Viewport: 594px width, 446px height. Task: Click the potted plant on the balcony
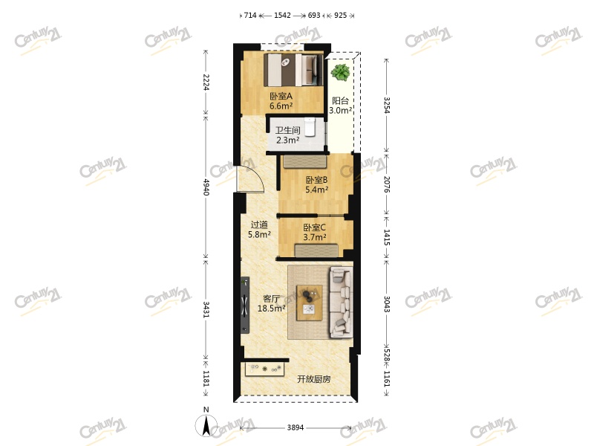(x=341, y=73)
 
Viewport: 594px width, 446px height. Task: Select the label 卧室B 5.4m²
(x=316, y=184)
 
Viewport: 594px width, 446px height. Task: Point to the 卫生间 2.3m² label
(x=287, y=135)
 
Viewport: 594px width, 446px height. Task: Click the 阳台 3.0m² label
(x=341, y=106)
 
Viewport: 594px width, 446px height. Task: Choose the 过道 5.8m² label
(x=258, y=230)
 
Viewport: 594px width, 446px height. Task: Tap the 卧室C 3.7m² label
(x=314, y=233)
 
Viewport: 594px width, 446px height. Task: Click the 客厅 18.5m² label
(x=271, y=303)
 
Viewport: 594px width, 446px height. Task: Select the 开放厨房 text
(x=313, y=379)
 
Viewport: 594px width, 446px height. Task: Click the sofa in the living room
(x=342, y=302)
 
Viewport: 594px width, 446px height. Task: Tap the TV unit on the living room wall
(x=244, y=305)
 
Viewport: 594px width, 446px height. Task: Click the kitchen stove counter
(x=265, y=368)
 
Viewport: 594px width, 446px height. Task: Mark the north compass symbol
(x=206, y=425)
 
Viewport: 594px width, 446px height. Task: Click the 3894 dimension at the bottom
(x=296, y=428)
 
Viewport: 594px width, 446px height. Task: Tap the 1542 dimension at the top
(x=282, y=15)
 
